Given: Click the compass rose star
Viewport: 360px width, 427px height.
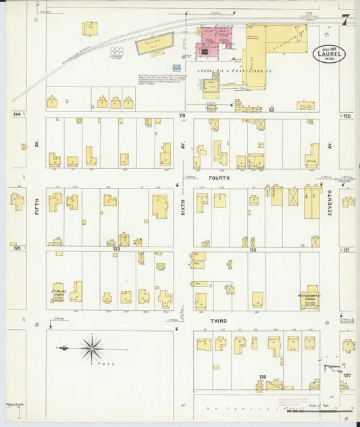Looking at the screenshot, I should (91, 348).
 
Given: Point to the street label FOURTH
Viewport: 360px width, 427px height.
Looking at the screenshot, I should (219, 178).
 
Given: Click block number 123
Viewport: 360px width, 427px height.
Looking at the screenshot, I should (116, 249).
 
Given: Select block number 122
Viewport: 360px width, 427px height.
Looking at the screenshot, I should (252, 249).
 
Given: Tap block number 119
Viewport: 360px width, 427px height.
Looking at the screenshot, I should (182, 116).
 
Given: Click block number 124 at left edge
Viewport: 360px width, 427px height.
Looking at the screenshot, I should (16, 115).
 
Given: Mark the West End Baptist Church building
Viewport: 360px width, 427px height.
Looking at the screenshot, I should (309, 297).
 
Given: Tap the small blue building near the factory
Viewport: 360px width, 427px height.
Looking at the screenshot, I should (176, 68).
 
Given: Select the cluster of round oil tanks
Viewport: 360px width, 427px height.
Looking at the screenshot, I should (117, 52).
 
